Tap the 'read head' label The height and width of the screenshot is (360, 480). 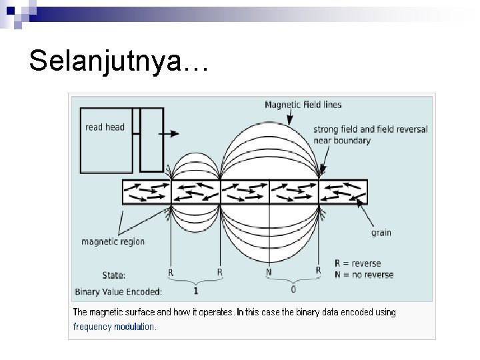(105, 127)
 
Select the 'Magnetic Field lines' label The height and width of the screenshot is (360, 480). (303, 105)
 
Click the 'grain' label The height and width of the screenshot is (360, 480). (381, 233)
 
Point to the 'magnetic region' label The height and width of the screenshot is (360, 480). (113, 241)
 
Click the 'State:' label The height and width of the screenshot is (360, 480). (113, 274)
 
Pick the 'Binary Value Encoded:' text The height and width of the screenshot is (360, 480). (119, 291)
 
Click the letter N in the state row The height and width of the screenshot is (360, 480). (269, 272)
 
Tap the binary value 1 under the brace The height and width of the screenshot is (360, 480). (195, 291)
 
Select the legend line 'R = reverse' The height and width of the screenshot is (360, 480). (363, 263)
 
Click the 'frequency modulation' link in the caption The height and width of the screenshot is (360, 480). (114, 327)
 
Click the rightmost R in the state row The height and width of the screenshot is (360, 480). (318, 271)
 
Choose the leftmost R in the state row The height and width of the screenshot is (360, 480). (171, 272)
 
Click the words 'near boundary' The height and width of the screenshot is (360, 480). (341, 140)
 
